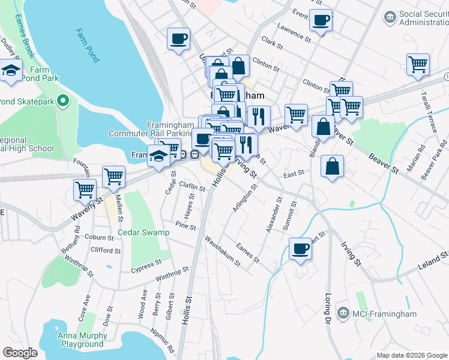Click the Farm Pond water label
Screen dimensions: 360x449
[88, 46]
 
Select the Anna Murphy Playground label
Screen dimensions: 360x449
[80, 340]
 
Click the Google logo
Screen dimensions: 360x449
[20, 352]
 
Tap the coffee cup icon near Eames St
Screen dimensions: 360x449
[300, 248]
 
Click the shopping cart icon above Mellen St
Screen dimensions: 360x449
[113, 176]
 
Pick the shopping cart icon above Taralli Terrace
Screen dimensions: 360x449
[418, 64]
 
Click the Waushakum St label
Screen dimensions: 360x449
[223, 251]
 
